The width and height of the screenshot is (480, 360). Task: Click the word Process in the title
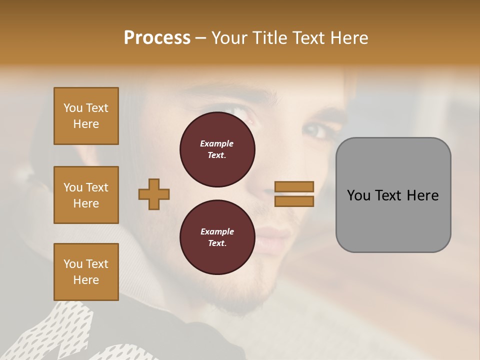tap(157, 38)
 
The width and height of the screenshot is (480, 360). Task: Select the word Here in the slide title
tap(347, 38)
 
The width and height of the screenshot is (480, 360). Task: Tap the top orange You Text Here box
tap(86, 116)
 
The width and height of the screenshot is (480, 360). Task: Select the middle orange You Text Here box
tap(86, 195)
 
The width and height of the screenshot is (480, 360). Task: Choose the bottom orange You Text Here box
tap(86, 272)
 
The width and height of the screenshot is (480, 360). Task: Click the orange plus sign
tap(154, 194)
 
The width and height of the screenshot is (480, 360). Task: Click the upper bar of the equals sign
tap(294, 186)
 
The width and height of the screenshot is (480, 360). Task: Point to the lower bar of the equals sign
tap(294, 201)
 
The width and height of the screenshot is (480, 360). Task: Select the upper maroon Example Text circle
tap(217, 149)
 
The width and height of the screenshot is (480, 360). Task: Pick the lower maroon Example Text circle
tap(217, 237)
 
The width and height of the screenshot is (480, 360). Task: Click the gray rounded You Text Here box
tap(393, 195)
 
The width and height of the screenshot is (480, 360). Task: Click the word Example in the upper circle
tap(216, 143)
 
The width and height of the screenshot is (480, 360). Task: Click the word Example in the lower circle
tap(216, 231)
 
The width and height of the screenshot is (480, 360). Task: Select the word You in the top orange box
tap(73, 108)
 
